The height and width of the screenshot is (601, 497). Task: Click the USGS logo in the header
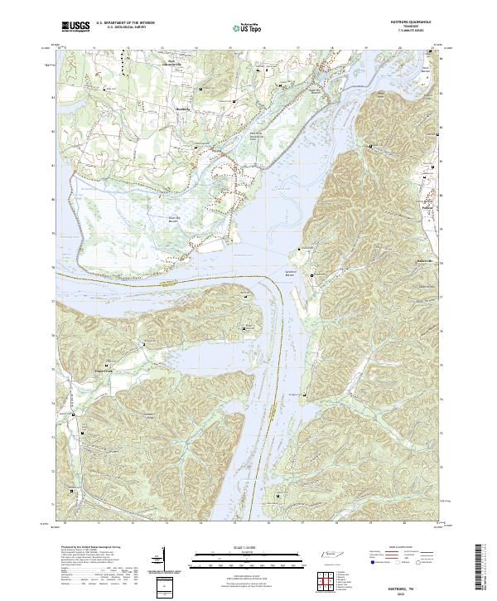click(x=75, y=27)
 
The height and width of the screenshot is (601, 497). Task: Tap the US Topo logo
click(x=248, y=27)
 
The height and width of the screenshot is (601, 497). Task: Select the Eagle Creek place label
click(x=107, y=366)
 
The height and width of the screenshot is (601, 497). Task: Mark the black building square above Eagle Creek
click(x=108, y=359)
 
